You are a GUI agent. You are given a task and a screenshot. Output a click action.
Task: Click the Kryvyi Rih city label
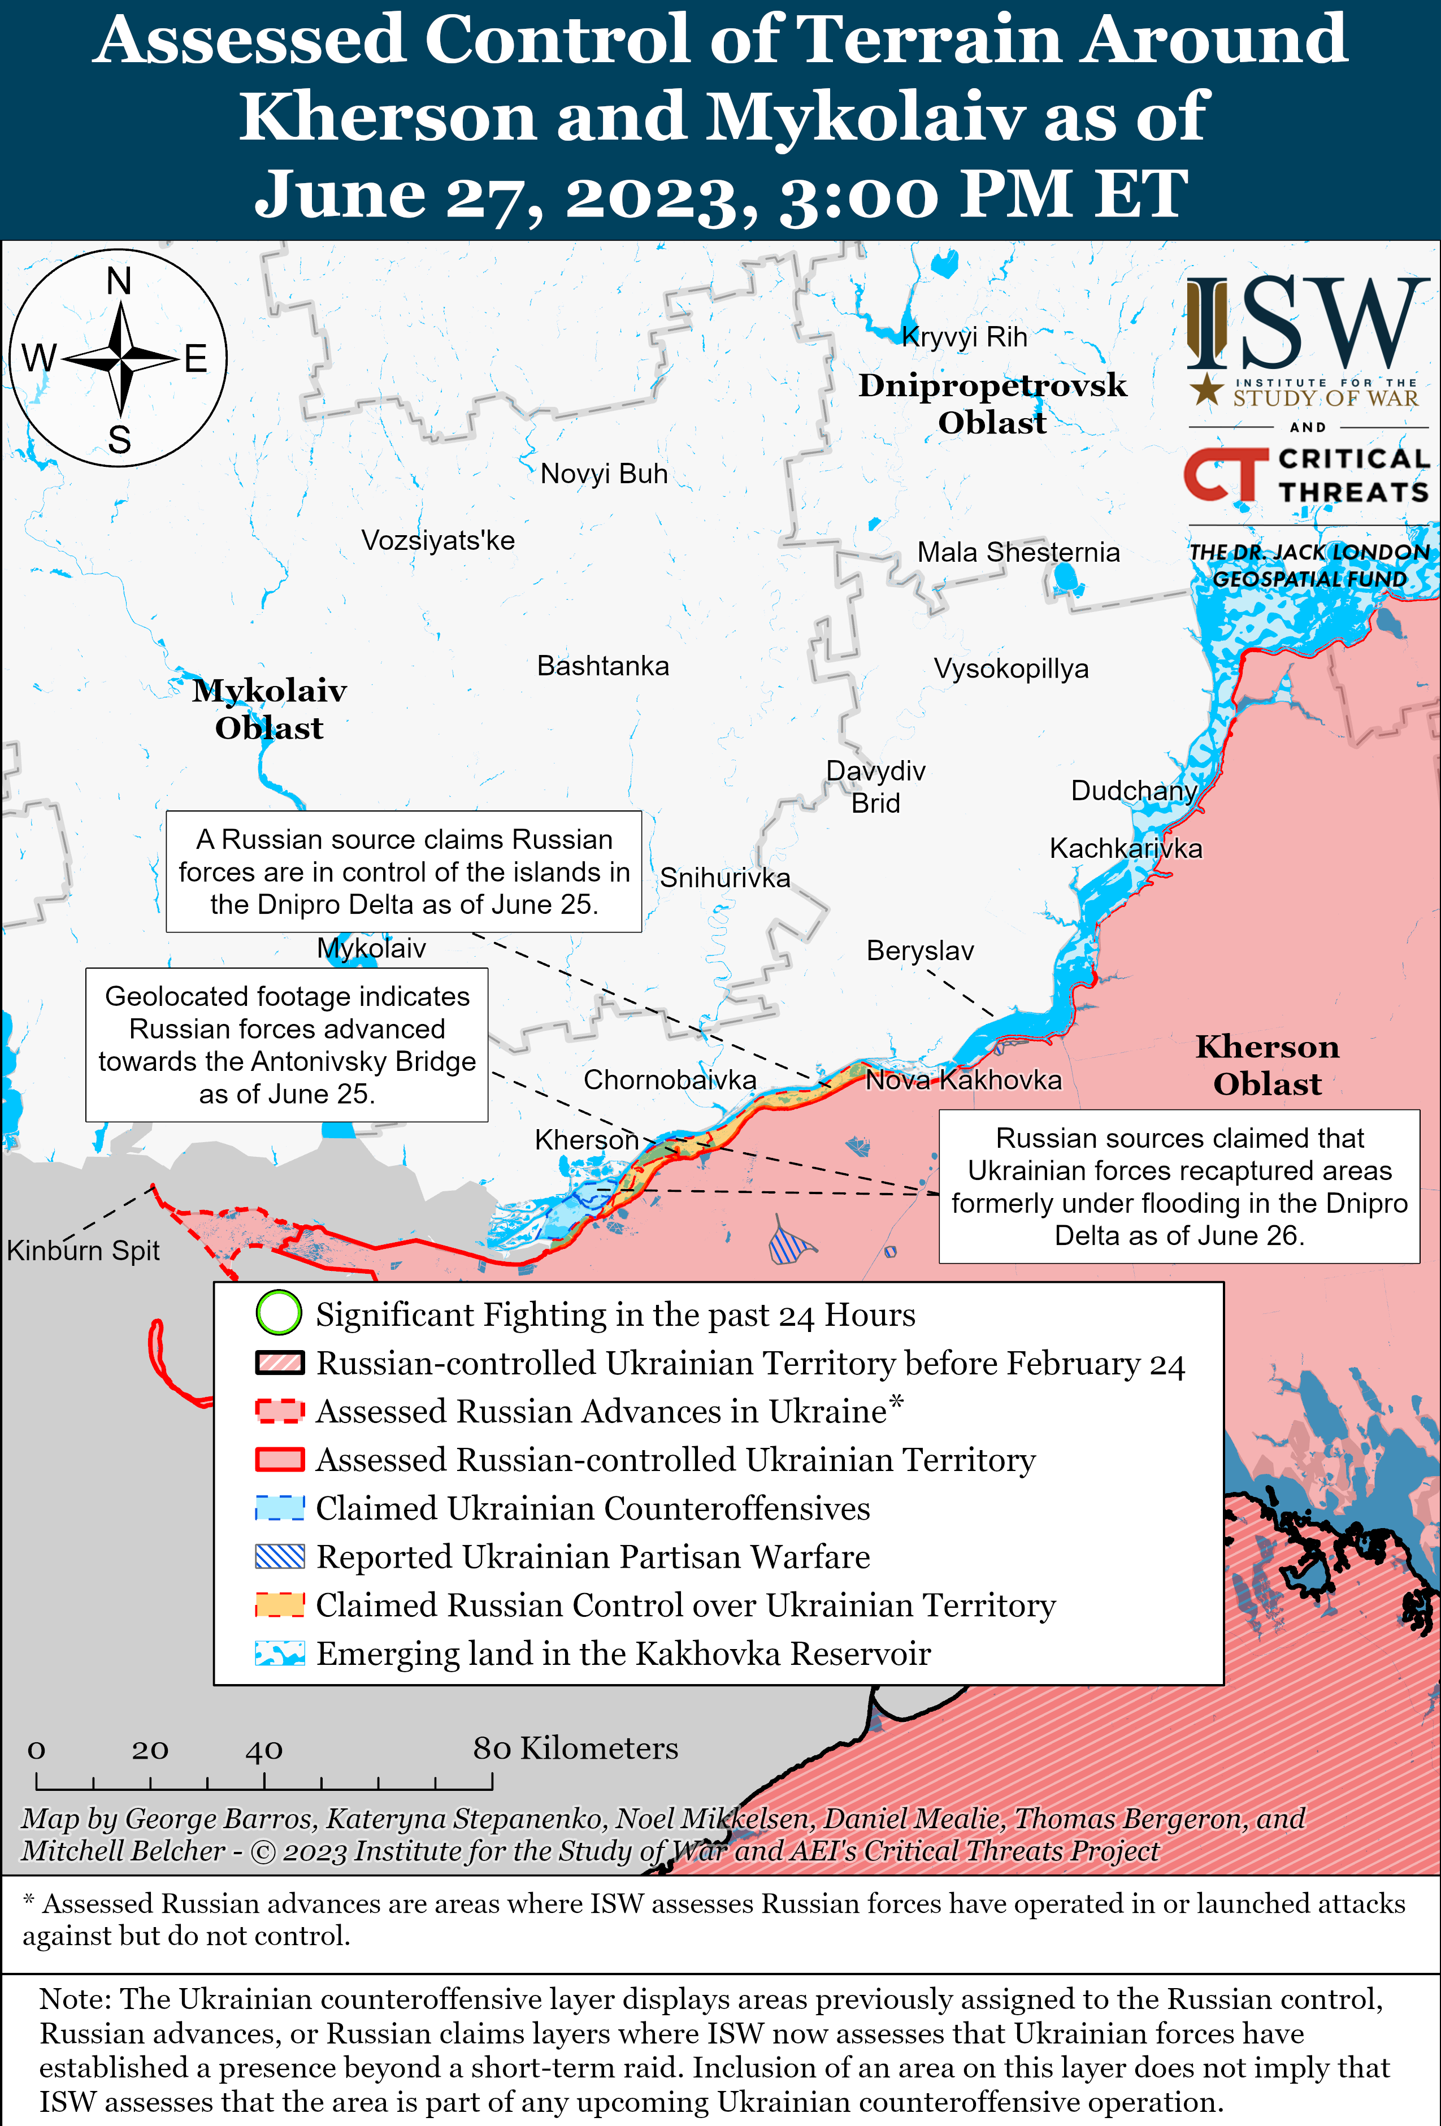[x=964, y=337]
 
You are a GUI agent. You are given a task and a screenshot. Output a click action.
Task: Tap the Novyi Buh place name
[x=604, y=474]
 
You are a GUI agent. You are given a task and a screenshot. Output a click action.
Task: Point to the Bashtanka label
[x=603, y=666]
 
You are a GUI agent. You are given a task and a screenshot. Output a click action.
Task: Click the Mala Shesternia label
[x=1018, y=553]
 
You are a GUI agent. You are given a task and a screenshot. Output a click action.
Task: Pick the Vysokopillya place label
[x=1011, y=669]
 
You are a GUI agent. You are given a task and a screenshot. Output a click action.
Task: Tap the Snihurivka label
[x=724, y=878]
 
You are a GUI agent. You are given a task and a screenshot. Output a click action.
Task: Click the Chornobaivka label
[x=670, y=1081]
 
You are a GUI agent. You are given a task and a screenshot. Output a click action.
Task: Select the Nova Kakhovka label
[x=963, y=1081]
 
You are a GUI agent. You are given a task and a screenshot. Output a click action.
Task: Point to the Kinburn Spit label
[x=83, y=1251]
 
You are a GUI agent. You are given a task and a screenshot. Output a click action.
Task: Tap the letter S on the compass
[x=119, y=441]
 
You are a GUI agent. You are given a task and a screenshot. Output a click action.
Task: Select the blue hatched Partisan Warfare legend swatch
[x=280, y=1556]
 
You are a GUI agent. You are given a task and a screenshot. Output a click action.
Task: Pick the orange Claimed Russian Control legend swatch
[x=280, y=1604]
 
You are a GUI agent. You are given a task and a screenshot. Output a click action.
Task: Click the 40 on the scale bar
[x=263, y=1750]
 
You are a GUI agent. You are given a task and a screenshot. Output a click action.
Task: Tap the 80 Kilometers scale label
[x=575, y=1748]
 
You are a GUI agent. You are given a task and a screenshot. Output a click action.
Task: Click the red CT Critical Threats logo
[x=1226, y=475]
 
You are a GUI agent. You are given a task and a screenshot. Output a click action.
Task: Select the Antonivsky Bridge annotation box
[x=287, y=1045]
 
